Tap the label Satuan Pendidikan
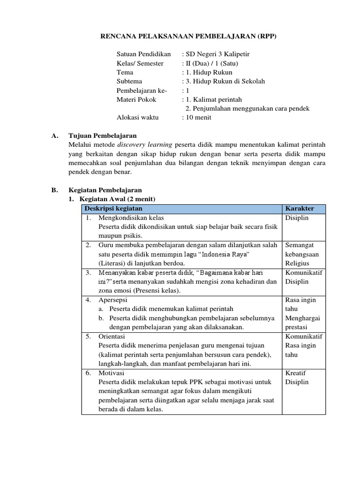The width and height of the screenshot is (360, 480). (143, 54)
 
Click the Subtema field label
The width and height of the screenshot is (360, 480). (129, 81)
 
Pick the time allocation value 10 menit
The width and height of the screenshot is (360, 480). (198, 117)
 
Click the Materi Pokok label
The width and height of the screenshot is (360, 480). (136, 99)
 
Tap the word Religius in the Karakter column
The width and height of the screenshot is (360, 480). (297, 263)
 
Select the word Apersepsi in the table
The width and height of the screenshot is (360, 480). (113, 300)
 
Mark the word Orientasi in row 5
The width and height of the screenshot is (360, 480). (112, 336)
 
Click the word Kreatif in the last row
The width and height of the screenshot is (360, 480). (295, 373)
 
